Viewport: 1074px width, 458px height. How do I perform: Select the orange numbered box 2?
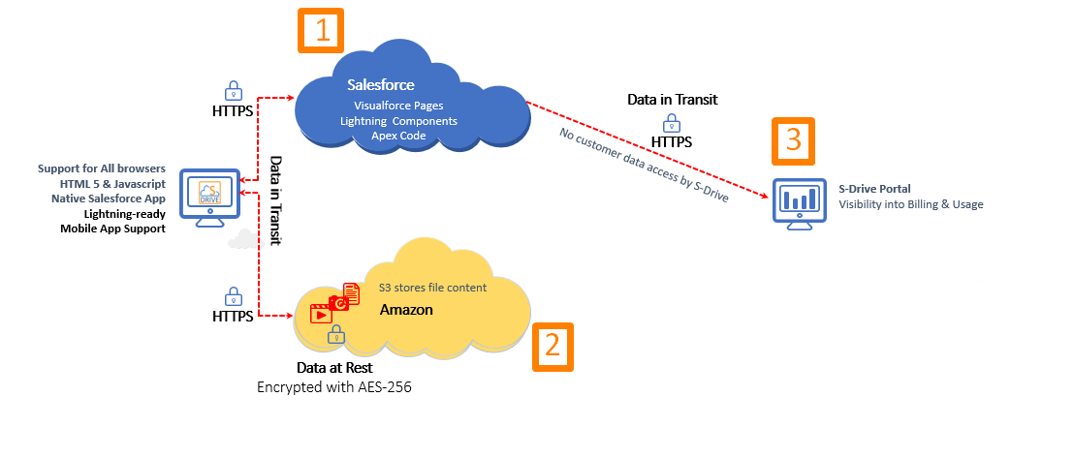(x=553, y=346)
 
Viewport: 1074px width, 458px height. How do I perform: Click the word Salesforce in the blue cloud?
(x=381, y=86)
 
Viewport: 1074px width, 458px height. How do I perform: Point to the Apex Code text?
(x=398, y=136)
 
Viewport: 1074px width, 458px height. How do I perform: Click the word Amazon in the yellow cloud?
(x=406, y=310)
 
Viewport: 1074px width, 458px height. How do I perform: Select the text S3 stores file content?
(x=432, y=288)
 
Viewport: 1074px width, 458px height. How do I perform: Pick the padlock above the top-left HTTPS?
(x=234, y=90)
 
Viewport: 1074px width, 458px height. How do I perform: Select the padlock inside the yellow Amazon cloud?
(x=336, y=336)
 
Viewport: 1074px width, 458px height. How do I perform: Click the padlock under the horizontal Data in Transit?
(x=671, y=122)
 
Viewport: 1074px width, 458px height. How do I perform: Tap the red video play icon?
(x=320, y=314)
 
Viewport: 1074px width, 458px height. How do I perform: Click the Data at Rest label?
(x=334, y=369)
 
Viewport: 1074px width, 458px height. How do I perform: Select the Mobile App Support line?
(x=111, y=229)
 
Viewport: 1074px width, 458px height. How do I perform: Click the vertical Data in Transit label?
(x=275, y=199)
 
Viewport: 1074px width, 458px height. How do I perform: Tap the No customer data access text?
(x=644, y=166)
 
